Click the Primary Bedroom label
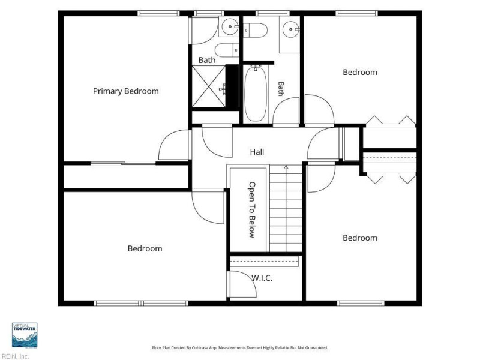(126, 91)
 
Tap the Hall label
(257, 152)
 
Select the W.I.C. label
(262, 278)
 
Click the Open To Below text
(251, 210)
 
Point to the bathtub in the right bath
(256, 93)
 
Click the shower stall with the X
(208, 86)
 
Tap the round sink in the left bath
(230, 26)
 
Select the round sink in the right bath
(290, 29)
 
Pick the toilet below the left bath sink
(227, 50)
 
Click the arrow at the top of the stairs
(286, 167)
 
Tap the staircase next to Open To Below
(286, 208)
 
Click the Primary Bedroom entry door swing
(173, 145)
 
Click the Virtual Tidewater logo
(25, 335)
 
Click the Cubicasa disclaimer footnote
(240, 348)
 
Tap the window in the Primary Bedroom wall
(158, 13)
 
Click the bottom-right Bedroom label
(360, 238)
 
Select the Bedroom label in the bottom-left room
(145, 248)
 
